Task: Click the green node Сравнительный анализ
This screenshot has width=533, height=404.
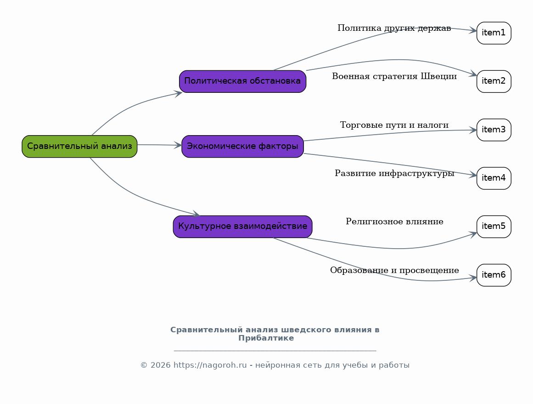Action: click(79, 146)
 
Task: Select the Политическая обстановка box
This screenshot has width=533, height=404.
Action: click(243, 81)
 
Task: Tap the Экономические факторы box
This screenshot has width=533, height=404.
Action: click(243, 146)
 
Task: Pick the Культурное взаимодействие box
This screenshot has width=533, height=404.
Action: click(243, 227)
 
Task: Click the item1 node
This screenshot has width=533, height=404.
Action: click(494, 33)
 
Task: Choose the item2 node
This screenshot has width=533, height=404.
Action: click(494, 81)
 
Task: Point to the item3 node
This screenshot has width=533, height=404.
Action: click(494, 130)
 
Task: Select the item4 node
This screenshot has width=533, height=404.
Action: click(494, 178)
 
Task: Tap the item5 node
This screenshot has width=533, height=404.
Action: click(494, 227)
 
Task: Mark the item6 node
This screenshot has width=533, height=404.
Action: click(494, 275)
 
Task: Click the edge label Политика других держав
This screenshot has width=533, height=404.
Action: click(394, 28)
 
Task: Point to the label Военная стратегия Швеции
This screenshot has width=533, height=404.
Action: click(394, 77)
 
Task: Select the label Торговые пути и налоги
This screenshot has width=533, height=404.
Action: click(394, 125)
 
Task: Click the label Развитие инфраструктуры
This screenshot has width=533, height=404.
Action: click(394, 174)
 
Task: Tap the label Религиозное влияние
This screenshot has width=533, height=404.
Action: click(394, 222)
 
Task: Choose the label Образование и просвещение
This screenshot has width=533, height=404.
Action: click(394, 270)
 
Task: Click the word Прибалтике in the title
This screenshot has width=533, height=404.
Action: click(266, 338)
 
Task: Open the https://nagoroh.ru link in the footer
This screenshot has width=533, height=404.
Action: click(210, 365)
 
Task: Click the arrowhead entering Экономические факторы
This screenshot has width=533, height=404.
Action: click(178, 145)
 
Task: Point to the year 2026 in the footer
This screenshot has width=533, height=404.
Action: click(160, 365)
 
